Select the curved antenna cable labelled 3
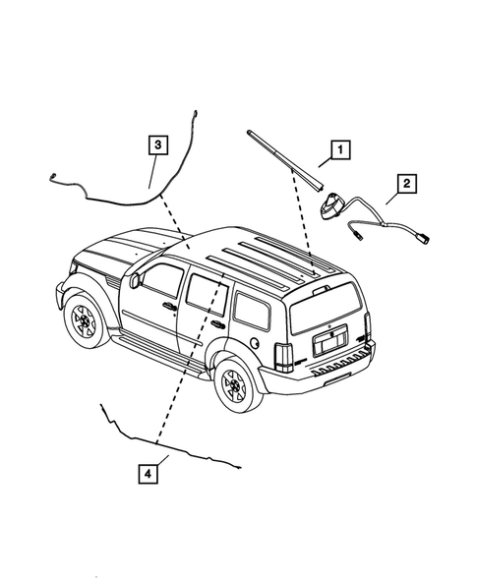108,195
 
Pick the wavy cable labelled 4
167,441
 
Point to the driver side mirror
135,280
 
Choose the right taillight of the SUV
367,323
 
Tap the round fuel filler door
255,344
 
